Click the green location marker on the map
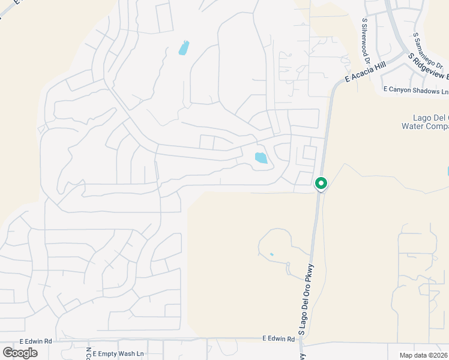321,183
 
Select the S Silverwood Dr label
364,37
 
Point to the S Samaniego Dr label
428,51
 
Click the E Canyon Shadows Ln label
416,90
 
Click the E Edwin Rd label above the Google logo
35,341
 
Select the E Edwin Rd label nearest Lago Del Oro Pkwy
279,339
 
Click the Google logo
20,353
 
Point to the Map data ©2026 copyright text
423,355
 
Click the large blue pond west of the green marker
261,158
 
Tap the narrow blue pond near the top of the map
184,47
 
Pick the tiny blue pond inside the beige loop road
271,254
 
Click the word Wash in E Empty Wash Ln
125,353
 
